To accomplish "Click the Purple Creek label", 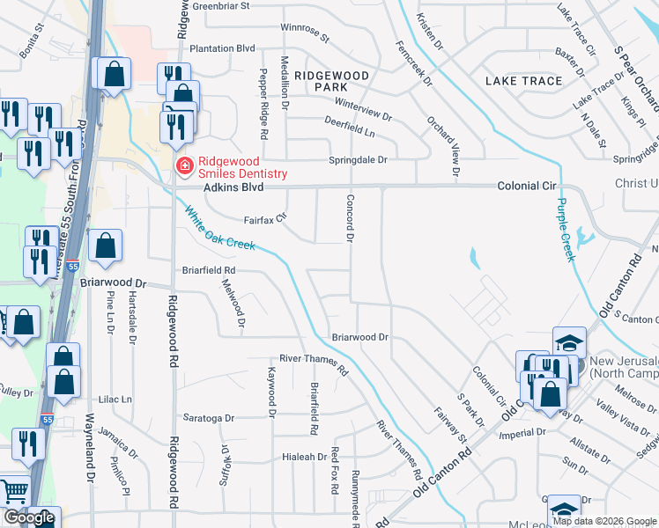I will (564, 229).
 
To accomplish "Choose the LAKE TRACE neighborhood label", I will (523, 81).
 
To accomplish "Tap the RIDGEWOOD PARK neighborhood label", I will (331, 83).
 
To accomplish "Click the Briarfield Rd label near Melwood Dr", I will (209, 270).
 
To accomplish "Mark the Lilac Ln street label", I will (115, 399).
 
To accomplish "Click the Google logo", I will (29, 517).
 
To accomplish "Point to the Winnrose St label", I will (304, 33).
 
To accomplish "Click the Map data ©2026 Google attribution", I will (604, 521).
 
